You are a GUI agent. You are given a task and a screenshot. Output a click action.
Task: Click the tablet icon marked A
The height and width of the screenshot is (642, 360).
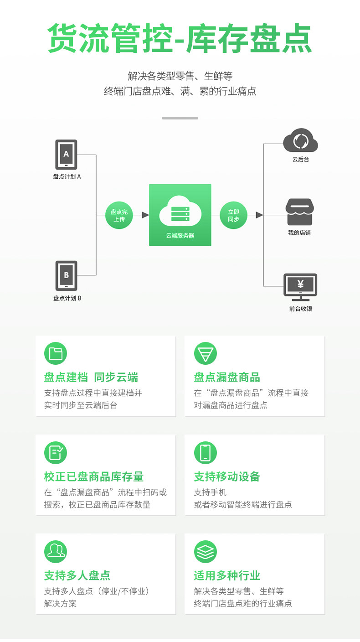[66, 155]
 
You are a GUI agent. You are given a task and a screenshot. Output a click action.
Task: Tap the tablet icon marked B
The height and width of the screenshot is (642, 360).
[66, 275]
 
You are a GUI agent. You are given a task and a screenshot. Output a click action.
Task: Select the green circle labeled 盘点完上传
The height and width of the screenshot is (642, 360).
[119, 215]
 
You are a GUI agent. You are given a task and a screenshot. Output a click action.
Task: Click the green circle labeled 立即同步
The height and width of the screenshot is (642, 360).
[233, 215]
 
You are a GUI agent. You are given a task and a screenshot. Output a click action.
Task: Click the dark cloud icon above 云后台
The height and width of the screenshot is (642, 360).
[300, 140]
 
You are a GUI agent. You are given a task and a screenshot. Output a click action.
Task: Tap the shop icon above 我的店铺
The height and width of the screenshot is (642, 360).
[300, 212]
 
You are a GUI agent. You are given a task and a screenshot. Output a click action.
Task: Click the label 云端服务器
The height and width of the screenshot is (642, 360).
[180, 236]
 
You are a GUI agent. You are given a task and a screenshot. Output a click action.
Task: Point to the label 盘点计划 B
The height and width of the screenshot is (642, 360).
[67, 298]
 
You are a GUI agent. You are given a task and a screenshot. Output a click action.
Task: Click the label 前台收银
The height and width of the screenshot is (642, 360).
[300, 309]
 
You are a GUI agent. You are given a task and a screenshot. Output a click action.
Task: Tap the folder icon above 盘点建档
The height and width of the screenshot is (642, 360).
[56, 353]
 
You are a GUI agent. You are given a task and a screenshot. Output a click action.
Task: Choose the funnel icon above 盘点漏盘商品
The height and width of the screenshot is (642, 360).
[206, 353]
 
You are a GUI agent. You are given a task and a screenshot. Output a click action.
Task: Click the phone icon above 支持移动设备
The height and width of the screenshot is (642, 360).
[206, 453]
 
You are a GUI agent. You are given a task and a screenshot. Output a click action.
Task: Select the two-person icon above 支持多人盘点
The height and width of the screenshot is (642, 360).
[56, 552]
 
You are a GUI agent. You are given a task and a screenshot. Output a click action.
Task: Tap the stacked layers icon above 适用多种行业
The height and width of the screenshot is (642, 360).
[206, 552]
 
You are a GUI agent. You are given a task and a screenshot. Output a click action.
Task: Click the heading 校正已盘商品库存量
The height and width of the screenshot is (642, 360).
[94, 477]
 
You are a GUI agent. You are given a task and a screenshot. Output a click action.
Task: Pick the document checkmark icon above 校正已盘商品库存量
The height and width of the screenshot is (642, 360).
[56, 453]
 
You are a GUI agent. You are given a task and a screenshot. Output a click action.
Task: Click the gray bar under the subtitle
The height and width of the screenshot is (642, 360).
[180, 118]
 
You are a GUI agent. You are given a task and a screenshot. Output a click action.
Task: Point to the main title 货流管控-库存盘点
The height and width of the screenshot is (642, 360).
[180, 39]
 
